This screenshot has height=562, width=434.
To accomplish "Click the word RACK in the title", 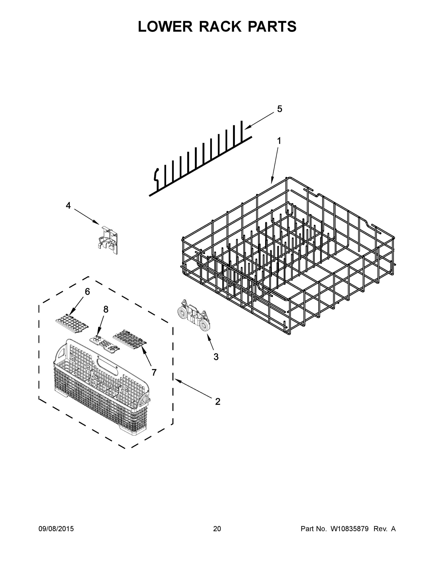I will point(220,26).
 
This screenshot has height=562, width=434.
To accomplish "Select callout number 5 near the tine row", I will point(280,109).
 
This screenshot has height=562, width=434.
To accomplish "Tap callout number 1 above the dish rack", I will point(279,141).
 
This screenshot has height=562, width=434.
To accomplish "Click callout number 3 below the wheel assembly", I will point(216,357).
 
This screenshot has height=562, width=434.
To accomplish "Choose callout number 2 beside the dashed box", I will point(218,401).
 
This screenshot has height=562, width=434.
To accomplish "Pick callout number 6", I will point(88,292).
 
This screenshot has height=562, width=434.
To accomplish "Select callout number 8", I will point(106,310).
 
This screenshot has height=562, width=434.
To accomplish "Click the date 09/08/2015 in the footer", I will point(56,529).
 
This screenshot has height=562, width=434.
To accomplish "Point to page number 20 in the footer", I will point(217,529).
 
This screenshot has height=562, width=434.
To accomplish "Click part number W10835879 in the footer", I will point(349,529).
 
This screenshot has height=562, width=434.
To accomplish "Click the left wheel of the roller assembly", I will point(183,312).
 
